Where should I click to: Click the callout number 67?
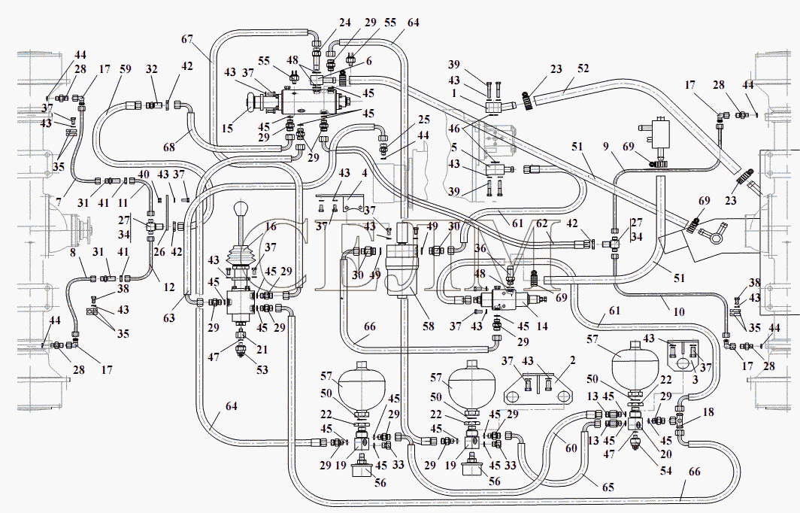(x=187, y=39)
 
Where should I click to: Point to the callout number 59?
(x=126, y=69)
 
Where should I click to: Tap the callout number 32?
(x=152, y=69)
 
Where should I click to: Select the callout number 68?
(x=169, y=147)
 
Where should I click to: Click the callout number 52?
(x=583, y=68)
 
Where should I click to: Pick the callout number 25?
(x=424, y=120)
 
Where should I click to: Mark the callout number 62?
(x=541, y=223)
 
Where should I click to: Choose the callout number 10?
(x=678, y=311)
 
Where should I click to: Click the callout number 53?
(x=262, y=369)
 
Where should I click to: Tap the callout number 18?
(x=708, y=412)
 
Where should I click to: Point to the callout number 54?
(x=666, y=470)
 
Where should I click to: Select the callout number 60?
(x=571, y=448)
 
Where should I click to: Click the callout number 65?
(x=608, y=487)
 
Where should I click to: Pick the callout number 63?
(x=169, y=318)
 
